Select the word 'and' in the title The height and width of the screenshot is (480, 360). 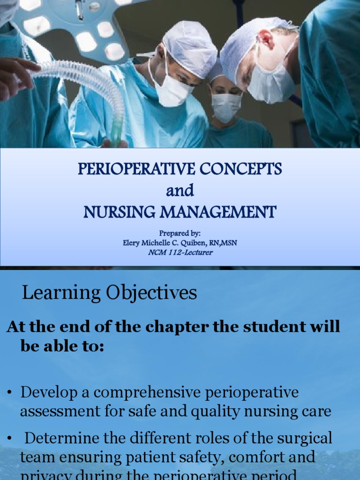(x=180, y=191)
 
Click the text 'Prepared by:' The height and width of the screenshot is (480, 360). (x=180, y=233)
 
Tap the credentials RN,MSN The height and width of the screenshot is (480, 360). (x=230, y=243)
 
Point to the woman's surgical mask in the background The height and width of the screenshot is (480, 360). (x=226, y=106)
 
